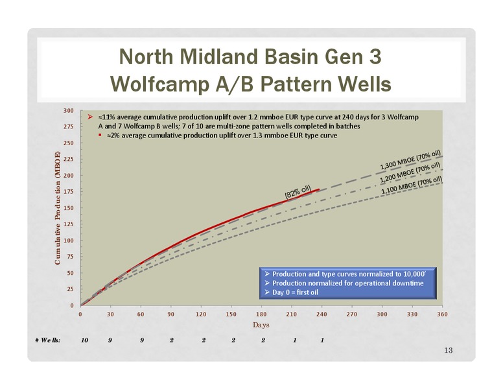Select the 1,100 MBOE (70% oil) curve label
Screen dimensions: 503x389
tap(412, 185)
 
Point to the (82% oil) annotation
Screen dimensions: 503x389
tap(298, 191)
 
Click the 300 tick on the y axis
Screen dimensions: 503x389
tap(68, 111)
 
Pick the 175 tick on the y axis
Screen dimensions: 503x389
tap(68, 192)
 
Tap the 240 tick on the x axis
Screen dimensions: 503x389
tap(322, 314)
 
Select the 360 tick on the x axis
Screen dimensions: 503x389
tap(442, 314)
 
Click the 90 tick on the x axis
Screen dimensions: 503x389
tap(170, 314)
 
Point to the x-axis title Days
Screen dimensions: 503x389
tap(261, 325)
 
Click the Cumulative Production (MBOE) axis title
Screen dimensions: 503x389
tap(58, 208)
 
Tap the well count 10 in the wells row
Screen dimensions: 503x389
tap(84, 340)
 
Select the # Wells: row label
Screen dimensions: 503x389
tap(48, 340)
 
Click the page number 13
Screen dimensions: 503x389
tap(449, 350)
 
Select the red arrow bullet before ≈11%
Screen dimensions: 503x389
tap(90, 117)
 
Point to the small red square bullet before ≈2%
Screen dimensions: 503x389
tap(100, 135)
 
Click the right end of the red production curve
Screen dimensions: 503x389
tap(319, 189)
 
